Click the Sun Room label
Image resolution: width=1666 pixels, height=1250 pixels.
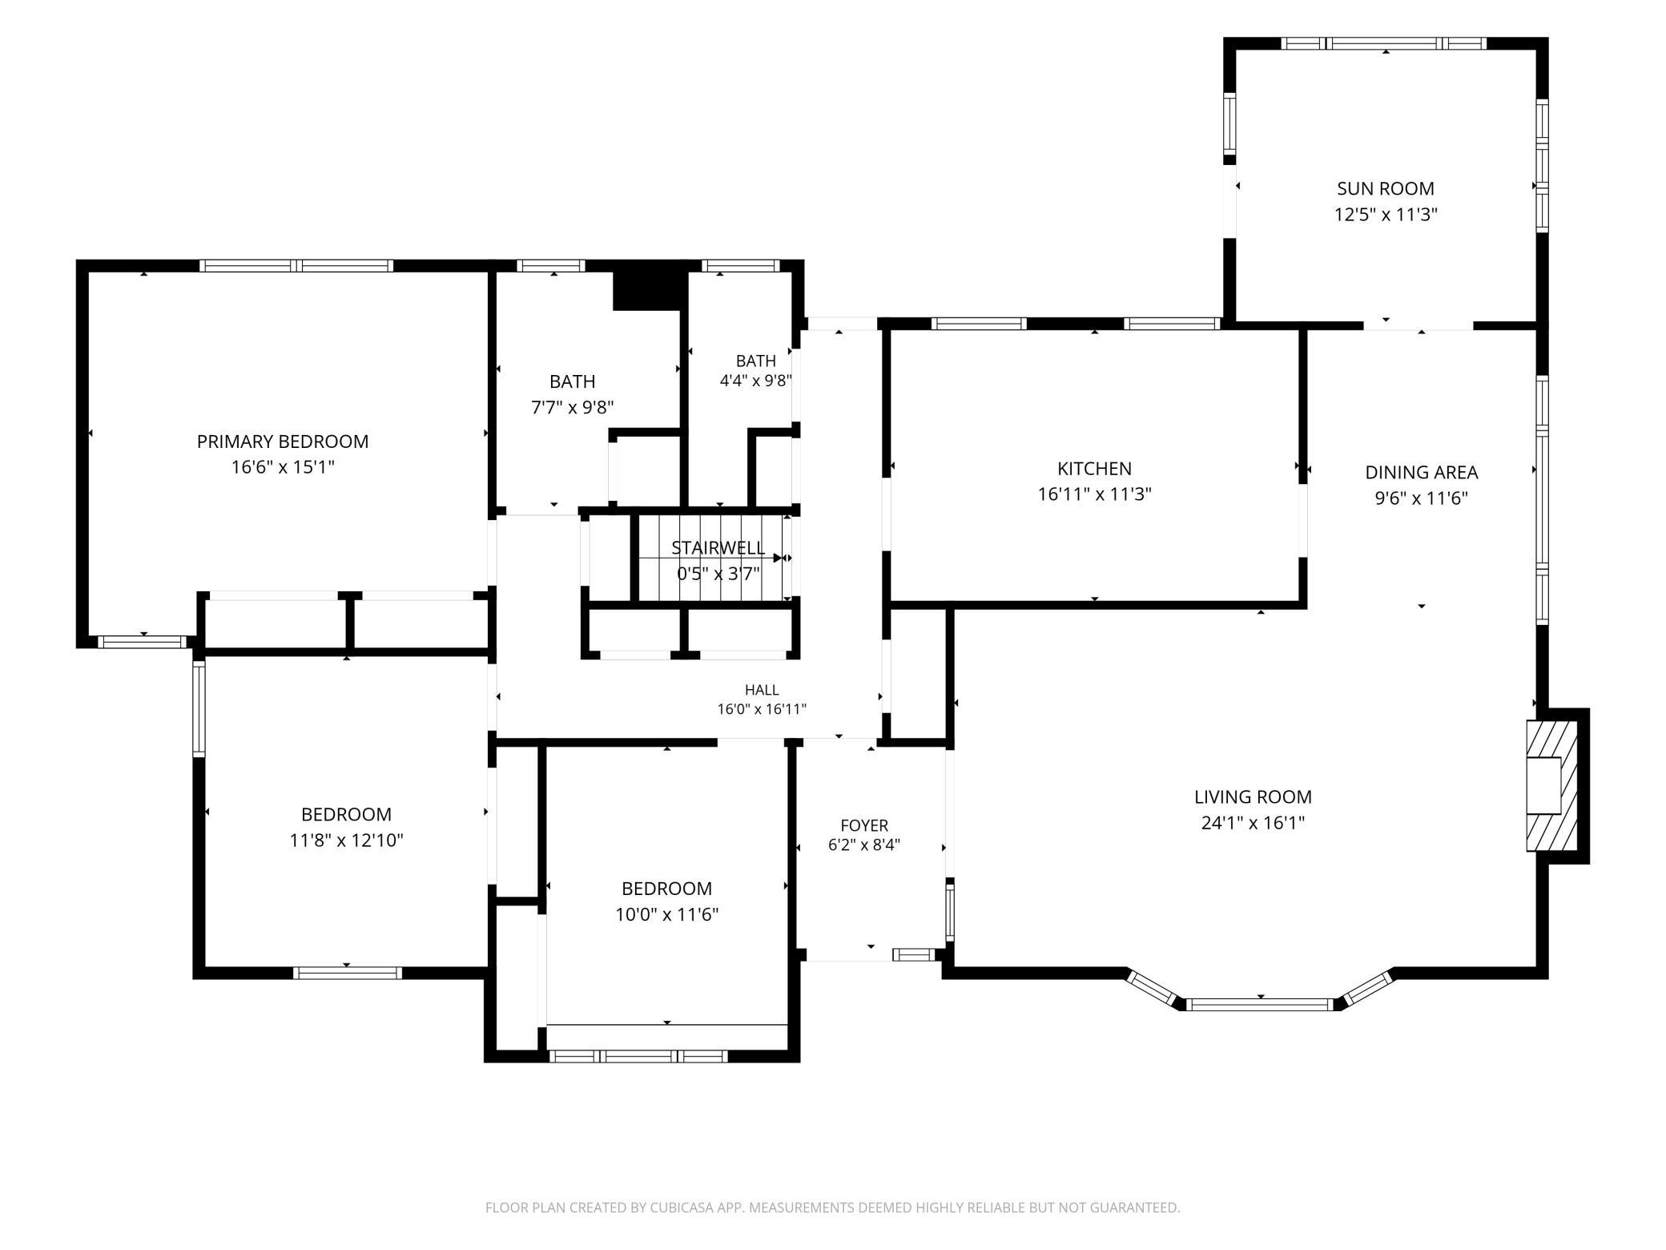click(1385, 188)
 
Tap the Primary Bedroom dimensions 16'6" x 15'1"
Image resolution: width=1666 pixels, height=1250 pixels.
click(283, 466)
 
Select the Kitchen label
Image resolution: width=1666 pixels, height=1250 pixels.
click(1094, 469)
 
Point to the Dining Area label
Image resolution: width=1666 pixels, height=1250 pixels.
click(1421, 472)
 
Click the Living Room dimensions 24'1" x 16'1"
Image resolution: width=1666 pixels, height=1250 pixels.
click(1253, 823)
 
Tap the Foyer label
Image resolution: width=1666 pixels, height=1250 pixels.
click(864, 825)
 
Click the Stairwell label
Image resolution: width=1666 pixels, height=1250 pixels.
click(718, 548)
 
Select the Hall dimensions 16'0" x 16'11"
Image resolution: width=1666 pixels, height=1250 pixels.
click(762, 709)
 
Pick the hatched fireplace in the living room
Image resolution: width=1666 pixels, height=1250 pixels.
click(1552, 785)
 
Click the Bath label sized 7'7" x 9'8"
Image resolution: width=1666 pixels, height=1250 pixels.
click(572, 381)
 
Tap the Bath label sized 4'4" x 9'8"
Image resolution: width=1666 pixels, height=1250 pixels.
click(756, 361)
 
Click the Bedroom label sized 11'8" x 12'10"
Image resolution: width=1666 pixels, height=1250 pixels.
click(346, 814)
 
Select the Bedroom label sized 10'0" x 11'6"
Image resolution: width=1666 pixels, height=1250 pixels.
click(666, 889)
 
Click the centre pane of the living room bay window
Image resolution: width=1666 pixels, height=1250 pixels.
click(1260, 1004)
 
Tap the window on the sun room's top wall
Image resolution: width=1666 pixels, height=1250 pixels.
click(1384, 43)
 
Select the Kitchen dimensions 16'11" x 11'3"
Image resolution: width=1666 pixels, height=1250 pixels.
click(1094, 494)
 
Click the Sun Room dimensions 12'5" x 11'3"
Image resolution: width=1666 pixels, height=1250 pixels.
click(1386, 215)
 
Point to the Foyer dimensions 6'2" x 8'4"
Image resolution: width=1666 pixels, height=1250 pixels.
click(864, 845)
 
